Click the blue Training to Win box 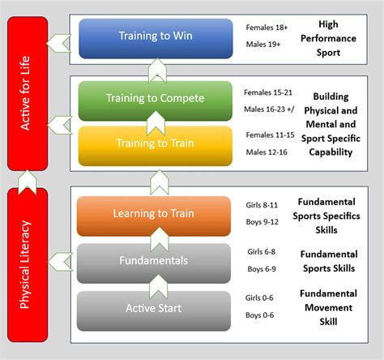pos(156,38)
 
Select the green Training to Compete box pos(156,101)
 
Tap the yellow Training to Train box pos(156,146)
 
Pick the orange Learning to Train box pos(154,216)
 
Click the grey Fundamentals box pos(154,264)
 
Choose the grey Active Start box pos(154,311)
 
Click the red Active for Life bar pos(28,93)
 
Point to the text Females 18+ pos(267,28)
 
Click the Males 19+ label pos(263,45)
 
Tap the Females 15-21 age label pos(268,92)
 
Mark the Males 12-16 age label pos(267,152)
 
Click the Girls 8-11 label pos(262,205)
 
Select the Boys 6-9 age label pos(262,269)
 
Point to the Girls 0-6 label pos(259,298)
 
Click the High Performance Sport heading pos(328,38)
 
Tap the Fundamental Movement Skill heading pos(328,307)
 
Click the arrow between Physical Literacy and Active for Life pos(28,182)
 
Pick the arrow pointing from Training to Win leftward pos(59,43)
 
